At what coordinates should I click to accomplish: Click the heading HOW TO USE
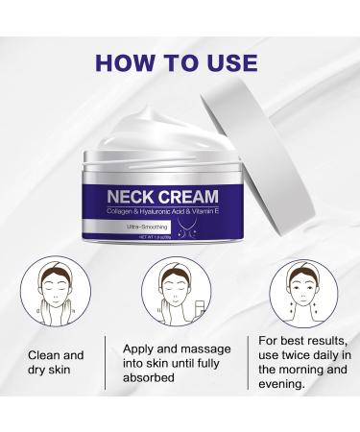(180, 63)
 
